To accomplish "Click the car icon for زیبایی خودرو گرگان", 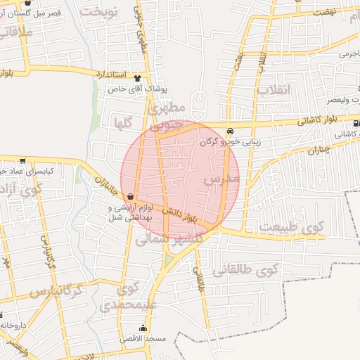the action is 231,130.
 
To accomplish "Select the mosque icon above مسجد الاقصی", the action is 143,328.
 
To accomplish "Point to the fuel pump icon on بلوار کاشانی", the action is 356,123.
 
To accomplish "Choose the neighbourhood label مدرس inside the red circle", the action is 222,181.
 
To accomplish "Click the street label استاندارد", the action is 109,74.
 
